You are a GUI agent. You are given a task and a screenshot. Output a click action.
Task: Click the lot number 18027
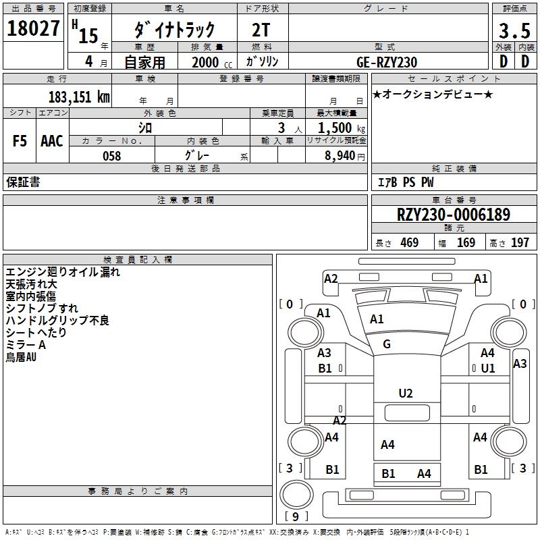tap(33, 28)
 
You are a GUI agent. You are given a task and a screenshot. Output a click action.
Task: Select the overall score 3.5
tap(514, 30)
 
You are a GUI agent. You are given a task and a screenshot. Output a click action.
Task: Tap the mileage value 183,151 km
tap(79, 97)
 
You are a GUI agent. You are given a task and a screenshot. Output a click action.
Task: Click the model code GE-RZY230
tap(387, 62)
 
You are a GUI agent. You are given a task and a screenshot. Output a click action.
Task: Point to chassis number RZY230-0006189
tap(454, 215)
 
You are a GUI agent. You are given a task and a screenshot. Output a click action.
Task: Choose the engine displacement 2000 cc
tap(212, 63)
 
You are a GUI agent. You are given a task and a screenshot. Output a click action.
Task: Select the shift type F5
tap(20, 141)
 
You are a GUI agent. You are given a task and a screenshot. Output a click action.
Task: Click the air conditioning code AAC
tap(52, 141)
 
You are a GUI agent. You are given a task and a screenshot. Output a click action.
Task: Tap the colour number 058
tap(112, 156)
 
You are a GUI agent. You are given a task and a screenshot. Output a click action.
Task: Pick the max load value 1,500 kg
tap(342, 128)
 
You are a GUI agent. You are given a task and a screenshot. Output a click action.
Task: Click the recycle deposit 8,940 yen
tap(345, 156)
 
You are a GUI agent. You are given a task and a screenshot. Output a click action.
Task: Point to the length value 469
tap(410, 242)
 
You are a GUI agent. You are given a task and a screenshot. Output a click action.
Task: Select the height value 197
tap(520, 242)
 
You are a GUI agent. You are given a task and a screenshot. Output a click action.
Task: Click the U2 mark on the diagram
tap(406, 394)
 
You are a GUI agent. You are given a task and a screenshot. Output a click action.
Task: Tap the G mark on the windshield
tap(387, 344)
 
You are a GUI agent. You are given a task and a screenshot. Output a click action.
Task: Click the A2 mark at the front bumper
tap(331, 279)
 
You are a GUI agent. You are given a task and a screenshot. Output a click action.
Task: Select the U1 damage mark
tap(488, 369)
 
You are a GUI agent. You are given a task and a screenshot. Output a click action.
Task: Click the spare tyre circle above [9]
tap(296, 494)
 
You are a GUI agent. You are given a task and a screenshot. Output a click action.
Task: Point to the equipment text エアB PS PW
tap(406, 182)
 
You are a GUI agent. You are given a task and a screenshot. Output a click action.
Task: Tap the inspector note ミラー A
tap(26, 345)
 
